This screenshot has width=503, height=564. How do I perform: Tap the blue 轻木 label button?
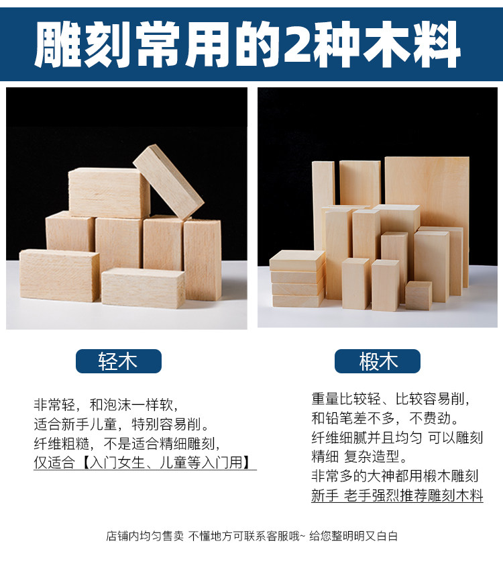click(119, 361)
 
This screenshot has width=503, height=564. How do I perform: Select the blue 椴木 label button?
click(378, 361)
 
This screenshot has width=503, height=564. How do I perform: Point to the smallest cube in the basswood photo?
click(418, 295)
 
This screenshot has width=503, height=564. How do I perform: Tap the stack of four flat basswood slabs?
click(296, 279)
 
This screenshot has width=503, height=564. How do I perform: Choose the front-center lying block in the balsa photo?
click(143, 287)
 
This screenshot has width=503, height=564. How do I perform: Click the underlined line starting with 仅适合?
click(144, 463)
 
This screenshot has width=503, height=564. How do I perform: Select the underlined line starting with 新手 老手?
click(397, 496)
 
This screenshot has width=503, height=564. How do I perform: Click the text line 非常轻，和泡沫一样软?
click(105, 406)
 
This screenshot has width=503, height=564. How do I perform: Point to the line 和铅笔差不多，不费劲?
click(385, 418)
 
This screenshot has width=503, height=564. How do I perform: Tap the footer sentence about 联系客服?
click(251, 536)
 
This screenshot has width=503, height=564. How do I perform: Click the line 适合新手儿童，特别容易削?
click(121, 424)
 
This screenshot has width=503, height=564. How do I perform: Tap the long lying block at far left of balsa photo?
click(59, 275)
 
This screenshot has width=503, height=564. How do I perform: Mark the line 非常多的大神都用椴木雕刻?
click(394, 476)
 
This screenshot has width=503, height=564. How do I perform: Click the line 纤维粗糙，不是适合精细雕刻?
click(127, 444)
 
